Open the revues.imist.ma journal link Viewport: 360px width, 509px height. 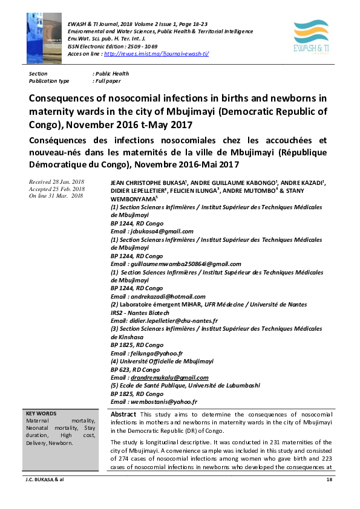click(157, 53)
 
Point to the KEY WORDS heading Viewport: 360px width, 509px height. click(39, 414)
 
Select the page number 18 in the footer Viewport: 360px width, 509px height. click(329, 479)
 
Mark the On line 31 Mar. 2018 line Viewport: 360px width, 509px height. click(55, 195)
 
